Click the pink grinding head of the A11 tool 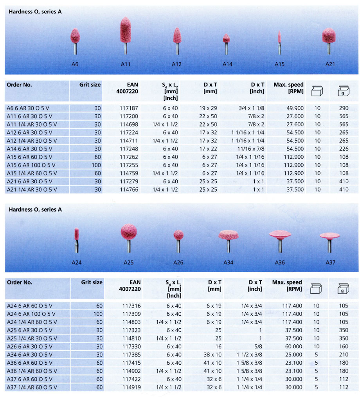[125, 31]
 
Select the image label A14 [227, 64]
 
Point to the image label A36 [280, 262]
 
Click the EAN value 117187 [130, 108]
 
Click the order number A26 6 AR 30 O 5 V [32, 346]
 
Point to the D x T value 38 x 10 [212, 355]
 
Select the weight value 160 [344, 346]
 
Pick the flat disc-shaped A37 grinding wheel [329, 235]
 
